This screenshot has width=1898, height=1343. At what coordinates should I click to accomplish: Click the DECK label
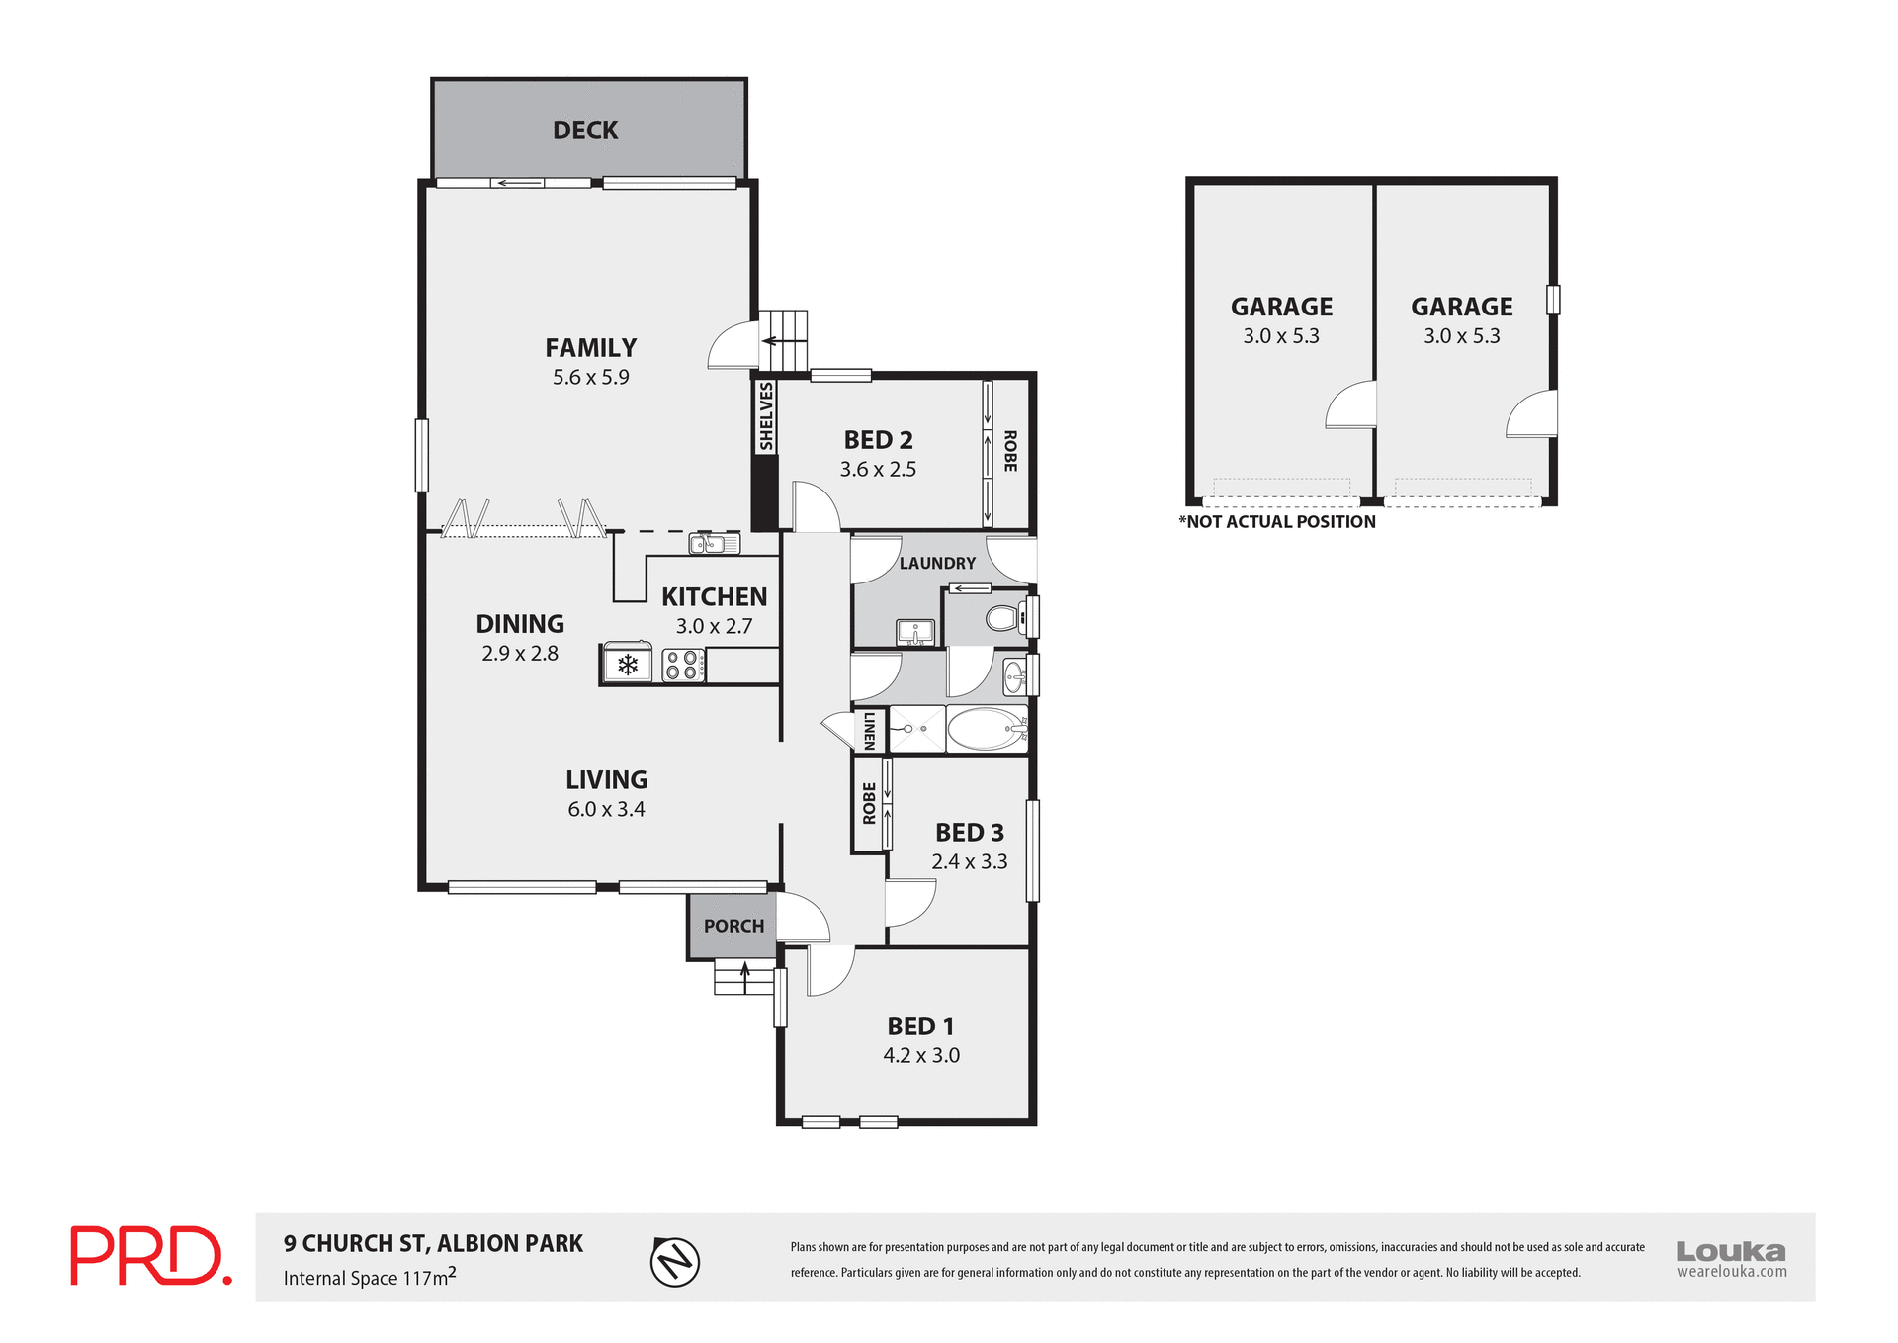coord(585,131)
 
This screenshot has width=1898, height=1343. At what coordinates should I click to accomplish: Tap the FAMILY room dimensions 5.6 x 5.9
coord(590,377)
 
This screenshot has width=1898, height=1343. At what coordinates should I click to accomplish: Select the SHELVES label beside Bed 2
coord(766,417)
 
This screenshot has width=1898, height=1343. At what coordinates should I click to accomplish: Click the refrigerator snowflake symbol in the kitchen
coord(627,665)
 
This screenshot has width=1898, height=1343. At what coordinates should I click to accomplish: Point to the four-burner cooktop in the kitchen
coord(682,665)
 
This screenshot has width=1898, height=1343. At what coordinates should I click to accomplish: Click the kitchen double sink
coord(714,543)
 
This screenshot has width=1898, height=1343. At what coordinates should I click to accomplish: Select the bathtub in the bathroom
coord(987,730)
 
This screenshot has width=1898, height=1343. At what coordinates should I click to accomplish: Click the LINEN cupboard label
coord(869,730)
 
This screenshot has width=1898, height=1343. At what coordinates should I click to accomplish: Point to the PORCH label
coord(733,927)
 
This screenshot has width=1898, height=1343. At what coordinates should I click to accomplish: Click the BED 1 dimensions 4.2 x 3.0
coord(921,1055)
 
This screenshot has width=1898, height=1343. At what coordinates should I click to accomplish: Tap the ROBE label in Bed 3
coord(869,803)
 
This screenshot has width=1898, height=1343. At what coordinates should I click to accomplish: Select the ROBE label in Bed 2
coord(1010,451)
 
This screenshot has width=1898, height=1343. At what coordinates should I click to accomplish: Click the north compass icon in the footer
coord(675,1262)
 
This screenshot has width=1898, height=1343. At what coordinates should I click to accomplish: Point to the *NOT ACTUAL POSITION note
coord(1276,522)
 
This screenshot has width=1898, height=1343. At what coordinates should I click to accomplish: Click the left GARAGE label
coord(1281,307)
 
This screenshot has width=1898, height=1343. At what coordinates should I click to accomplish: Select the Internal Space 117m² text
coord(370,1277)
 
